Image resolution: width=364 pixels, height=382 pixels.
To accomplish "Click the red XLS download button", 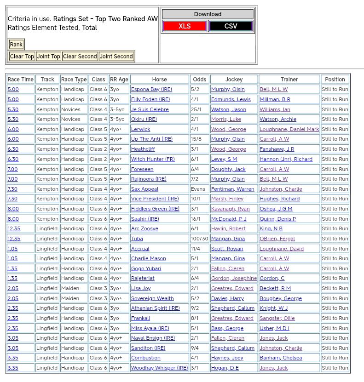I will click(185, 26).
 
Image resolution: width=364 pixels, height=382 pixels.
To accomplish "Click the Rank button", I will click(16, 45).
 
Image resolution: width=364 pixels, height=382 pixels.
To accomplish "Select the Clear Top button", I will click(22, 57).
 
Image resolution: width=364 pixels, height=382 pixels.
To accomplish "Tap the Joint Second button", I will click(116, 57).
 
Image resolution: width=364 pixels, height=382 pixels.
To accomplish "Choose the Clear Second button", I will click(80, 57).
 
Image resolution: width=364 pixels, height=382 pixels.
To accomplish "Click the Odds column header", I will click(200, 80).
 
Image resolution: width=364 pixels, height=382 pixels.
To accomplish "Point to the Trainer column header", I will click(289, 80).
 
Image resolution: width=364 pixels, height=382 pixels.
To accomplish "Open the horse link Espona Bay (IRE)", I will click(151, 90).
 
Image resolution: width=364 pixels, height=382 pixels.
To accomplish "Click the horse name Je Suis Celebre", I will click(150, 109).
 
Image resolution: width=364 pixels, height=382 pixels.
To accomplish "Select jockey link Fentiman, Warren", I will click(232, 189).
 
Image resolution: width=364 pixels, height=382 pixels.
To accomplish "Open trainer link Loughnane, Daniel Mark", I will click(289, 129).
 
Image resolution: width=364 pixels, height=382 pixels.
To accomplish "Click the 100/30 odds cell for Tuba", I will click(200, 239).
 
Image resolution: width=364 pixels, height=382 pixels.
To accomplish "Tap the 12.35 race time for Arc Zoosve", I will click(14, 228).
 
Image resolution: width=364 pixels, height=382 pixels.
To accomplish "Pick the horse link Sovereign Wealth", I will click(152, 298).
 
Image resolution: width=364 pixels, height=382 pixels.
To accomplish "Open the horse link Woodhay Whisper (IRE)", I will click(159, 368).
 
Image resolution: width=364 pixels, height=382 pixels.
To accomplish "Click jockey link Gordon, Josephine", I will click(234, 278).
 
